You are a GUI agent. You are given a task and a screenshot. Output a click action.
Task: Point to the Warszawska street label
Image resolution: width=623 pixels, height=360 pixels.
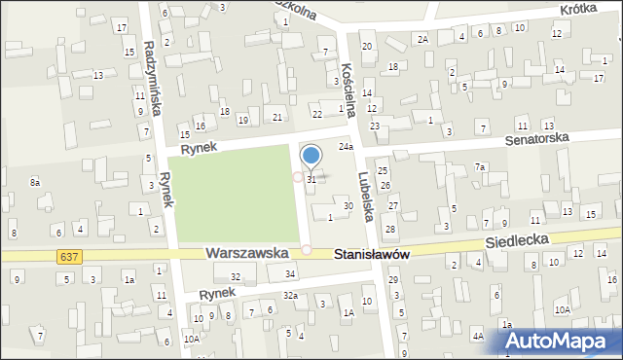[246, 252]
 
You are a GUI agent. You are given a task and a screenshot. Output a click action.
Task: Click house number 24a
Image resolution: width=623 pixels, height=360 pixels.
[346, 146]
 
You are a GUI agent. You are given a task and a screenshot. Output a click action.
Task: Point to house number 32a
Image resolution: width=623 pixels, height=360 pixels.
[290, 295]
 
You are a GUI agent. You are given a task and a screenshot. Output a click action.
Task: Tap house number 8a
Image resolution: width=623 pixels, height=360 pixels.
[35, 182]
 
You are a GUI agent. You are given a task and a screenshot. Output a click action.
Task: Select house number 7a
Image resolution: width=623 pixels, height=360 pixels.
[479, 167]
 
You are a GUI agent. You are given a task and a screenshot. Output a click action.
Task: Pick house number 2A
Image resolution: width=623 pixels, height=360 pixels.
[422, 39]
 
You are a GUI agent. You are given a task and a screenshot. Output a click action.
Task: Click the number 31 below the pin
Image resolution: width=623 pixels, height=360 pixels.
[311, 180]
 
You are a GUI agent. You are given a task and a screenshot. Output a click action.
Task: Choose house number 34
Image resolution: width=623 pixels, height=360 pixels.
[290, 273]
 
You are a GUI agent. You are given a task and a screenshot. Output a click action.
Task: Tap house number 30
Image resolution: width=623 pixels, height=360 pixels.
[348, 205]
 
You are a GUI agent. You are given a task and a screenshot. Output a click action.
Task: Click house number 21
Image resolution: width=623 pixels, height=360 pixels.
[277, 118]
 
